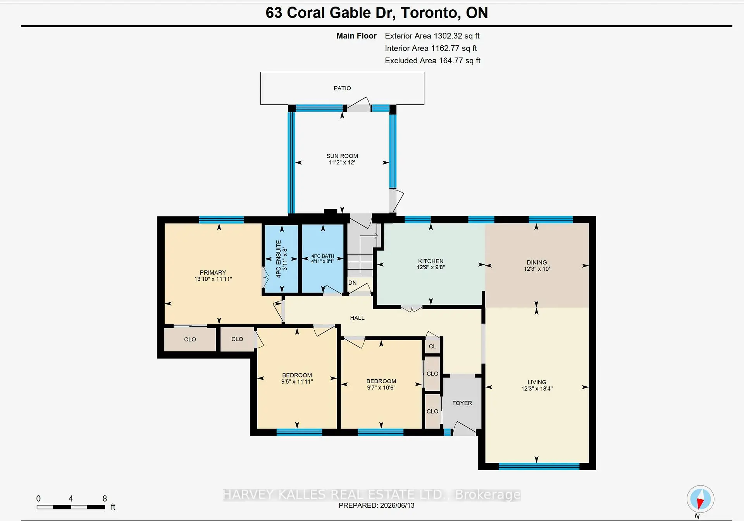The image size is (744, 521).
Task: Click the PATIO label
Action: [x=342, y=88]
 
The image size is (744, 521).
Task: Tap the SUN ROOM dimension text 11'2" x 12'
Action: [x=342, y=163]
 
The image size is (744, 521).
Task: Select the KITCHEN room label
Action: [x=431, y=261]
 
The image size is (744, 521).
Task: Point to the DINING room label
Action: [x=537, y=262]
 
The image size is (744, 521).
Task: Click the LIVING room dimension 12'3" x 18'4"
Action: [x=537, y=388]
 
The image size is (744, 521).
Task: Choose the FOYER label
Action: [x=462, y=403]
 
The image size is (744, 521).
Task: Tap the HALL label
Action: [x=357, y=318]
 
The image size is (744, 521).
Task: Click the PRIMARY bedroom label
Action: [x=213, y=272]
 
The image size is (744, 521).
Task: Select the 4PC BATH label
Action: [x=323, y=256]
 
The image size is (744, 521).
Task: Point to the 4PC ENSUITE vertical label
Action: [x=278, y=259]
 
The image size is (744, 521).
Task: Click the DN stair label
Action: [x=352, y=282]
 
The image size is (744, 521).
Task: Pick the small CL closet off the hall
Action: [x=432, y=346]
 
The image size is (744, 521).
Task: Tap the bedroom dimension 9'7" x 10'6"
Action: [x=381, y=388]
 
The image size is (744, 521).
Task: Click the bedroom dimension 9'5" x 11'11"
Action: [x=297, y=382]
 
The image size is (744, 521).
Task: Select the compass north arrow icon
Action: [x=700, y=499]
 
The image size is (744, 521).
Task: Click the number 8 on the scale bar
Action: [x=105, y=498]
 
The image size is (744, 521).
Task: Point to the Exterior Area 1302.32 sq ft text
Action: [x=432, y=36]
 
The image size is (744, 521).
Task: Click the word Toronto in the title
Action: [x=431, y=13]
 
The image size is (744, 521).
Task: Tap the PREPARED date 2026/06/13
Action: [x=397, y=505]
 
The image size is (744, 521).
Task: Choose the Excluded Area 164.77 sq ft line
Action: [x=432, y=61]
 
